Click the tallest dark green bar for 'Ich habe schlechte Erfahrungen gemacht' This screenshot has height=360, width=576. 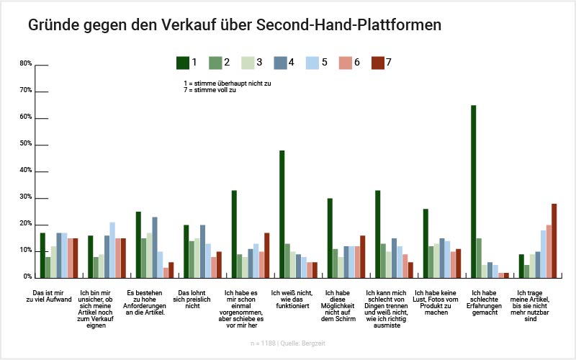tap(473, 191)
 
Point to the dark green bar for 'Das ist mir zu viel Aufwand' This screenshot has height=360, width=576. tap(42, 255)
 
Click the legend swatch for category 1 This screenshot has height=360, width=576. tap(183, 63)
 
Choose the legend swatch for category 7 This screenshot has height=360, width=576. tap(377, 63)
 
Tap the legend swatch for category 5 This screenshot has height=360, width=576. tap(312, 63)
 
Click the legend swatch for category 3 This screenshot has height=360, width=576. tap(248, 63)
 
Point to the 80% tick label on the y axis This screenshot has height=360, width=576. tap(26, 64)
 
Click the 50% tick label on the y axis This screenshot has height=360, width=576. tap(26, 144)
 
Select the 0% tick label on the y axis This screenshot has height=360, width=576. tap(27, 276)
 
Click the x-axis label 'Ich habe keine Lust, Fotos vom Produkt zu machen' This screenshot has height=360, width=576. tap(436, 303)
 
